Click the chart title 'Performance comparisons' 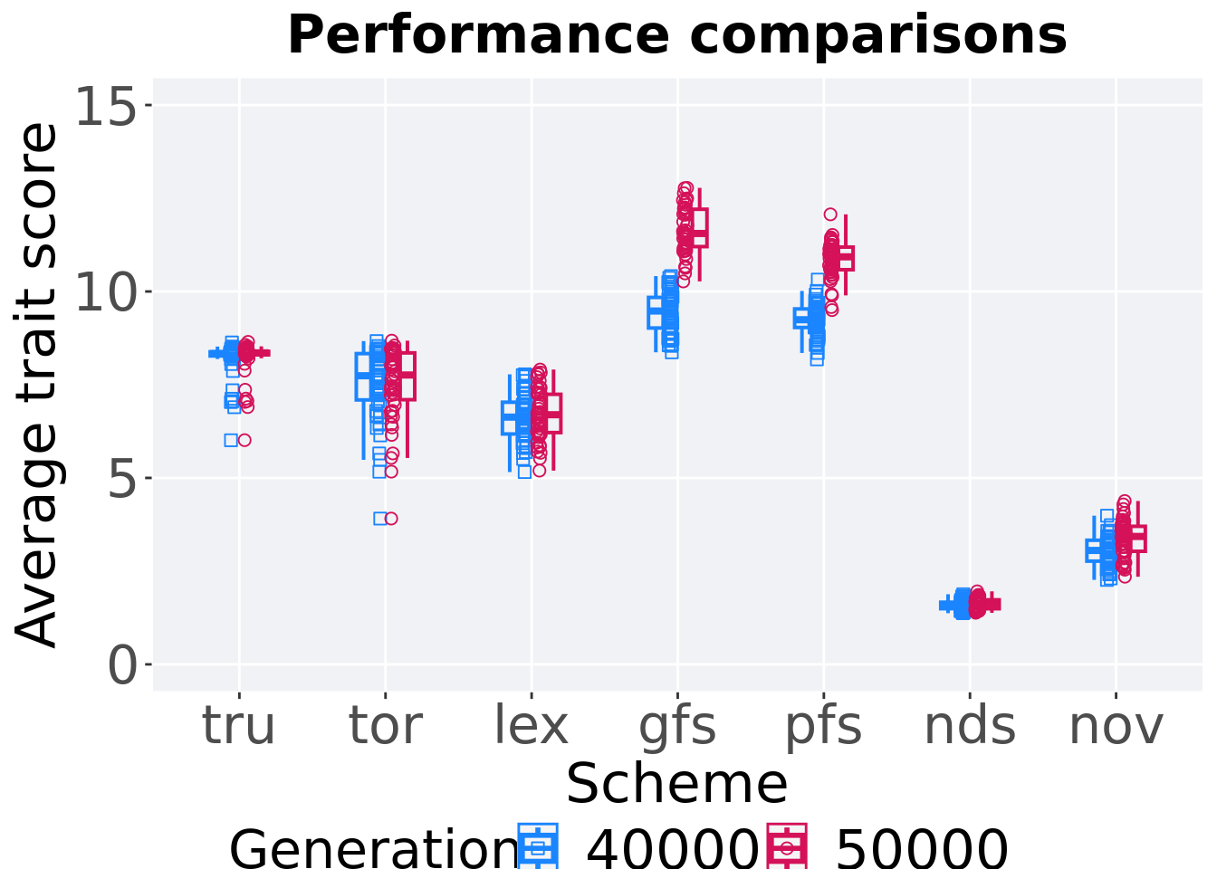677,36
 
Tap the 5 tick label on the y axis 121,479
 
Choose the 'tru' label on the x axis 238,726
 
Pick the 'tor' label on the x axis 385,726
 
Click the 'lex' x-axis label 532,726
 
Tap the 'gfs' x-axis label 677,728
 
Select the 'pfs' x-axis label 824,728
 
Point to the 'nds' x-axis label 970,726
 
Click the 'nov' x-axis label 1116,727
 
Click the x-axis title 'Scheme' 677,784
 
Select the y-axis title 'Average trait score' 36,386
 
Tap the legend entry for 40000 637,847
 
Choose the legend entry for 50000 886,847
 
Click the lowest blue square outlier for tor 380,519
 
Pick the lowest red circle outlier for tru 244,441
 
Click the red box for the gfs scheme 700,228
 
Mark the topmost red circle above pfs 830,215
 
